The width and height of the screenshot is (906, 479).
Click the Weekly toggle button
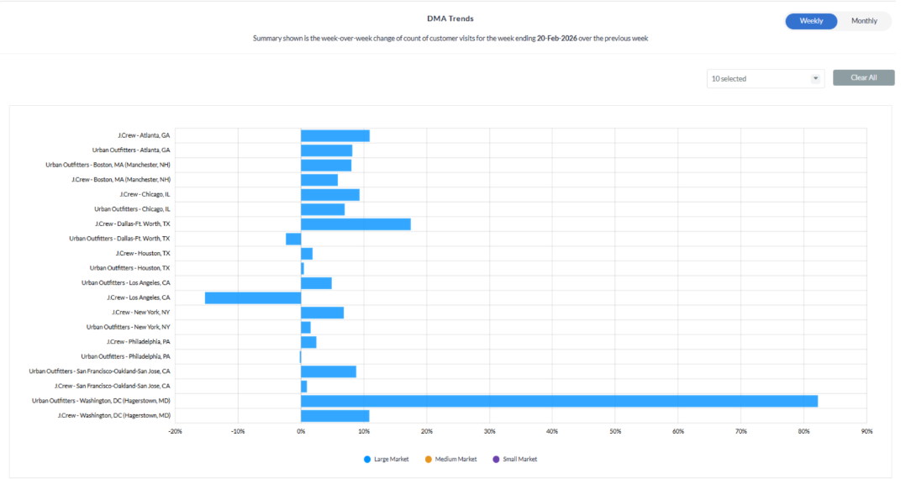[811, 21]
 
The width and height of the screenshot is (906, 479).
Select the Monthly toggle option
[864, 21]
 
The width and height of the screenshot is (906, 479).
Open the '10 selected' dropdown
[765, 78]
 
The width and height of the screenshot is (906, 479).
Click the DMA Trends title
[450, 18]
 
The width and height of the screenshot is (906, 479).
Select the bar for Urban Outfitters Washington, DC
[559, 401]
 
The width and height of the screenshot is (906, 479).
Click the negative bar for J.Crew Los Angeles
[253, 297]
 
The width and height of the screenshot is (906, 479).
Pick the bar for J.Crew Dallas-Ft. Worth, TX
[356, 224]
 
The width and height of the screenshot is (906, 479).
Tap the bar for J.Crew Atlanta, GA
[335, 135]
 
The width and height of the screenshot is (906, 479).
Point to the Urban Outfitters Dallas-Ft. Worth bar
[293, 239]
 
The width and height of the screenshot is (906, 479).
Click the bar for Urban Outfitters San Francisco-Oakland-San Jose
[329, 371]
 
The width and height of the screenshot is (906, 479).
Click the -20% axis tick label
[175, 431]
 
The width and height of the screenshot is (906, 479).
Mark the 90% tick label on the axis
[866, 431]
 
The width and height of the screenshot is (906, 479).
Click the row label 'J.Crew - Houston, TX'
[143, 253]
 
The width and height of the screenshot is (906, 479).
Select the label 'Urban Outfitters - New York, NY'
[128, 327]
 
